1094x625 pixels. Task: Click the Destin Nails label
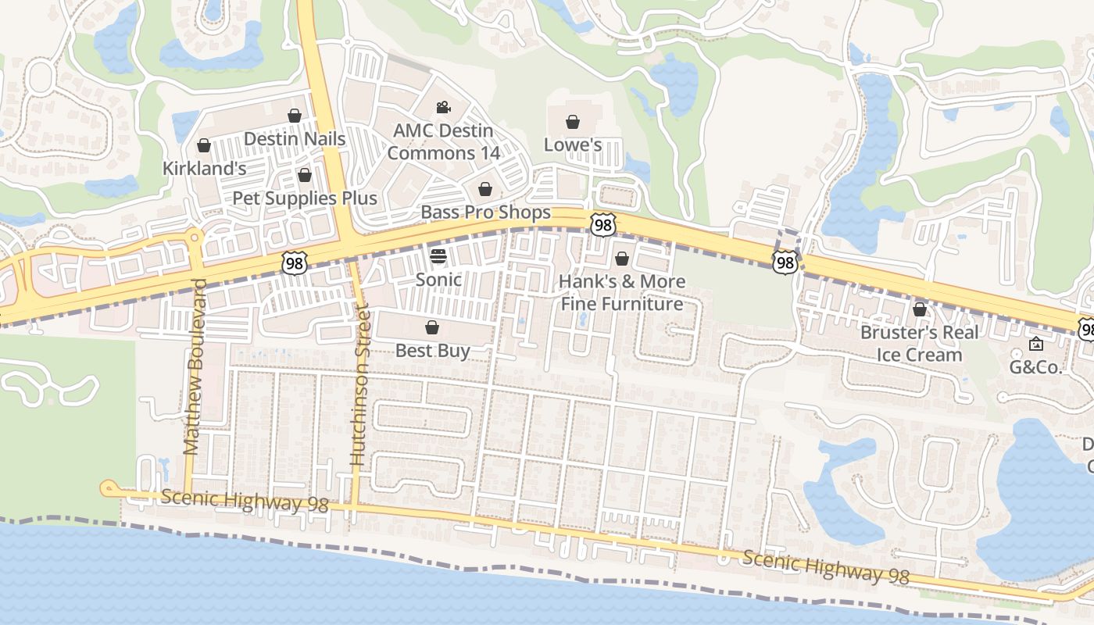click(x=294, y=139)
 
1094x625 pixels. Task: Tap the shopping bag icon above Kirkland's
click(x=204, y=145)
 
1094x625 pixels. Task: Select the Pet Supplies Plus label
click(x=305, y=198)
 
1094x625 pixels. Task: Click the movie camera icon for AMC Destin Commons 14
click(x=443, y=107)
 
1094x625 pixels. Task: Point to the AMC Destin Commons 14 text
click(x=443, y=141)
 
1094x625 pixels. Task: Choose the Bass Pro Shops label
click(x=485, y=212)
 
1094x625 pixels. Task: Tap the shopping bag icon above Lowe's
click(x=573, y=122)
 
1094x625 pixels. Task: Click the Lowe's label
click(x=573, y=145)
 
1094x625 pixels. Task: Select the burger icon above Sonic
click(x=438, y=256)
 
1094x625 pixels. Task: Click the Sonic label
click(x=438, y=280)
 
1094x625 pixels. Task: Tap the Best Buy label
click(x=432, y=351)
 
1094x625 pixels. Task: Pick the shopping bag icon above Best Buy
click(x=432, y=327)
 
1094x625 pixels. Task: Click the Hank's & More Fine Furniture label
click(x=622, y=292)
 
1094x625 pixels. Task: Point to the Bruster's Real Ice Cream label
click(x=919, y=344)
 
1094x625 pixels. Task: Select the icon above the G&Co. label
click(x=1036, y=344)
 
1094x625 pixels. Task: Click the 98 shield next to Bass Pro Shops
click(x=602, y=225)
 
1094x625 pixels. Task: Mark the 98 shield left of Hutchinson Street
click(x=294, y=263)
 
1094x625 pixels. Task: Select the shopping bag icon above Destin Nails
click(x=295, y=116)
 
